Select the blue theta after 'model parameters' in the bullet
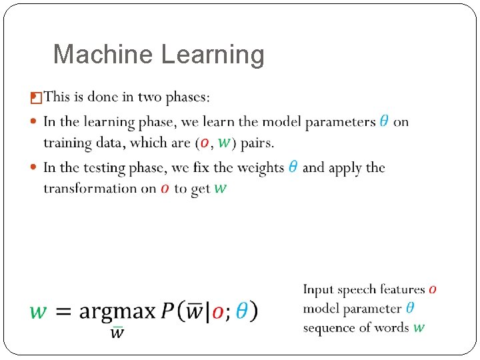385,121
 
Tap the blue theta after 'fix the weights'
293,167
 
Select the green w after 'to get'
220,189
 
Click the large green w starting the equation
39,311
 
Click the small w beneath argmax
117,332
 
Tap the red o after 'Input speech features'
433,289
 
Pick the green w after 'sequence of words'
419,327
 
